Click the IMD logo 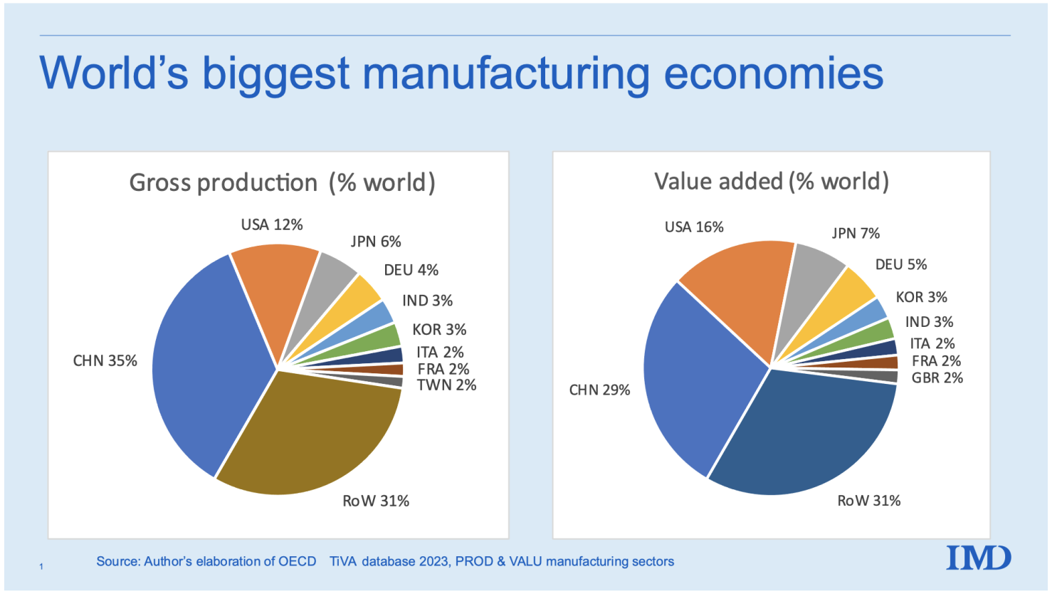[x=978, y=558]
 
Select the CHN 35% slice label [x=105, y=361]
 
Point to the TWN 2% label [x=446, y=385]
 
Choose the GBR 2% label [x=937, y=378]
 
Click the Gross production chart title [x=282, y=183]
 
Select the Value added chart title [x=772, y=182]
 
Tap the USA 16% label [x=693, y=227]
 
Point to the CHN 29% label [x=599, y=390]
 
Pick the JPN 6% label [x=376, y=241]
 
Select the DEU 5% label [x=901, y=265]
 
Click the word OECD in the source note [x=297, y=561]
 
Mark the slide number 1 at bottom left [x=41, y=567]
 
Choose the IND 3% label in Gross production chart [x=427, y=301]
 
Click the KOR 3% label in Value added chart [x=921, y=297]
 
